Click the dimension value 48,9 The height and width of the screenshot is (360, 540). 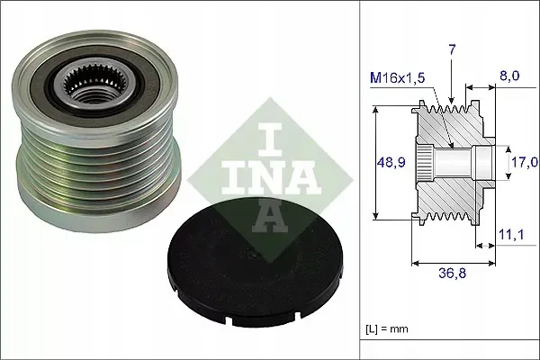click(389, 163)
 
